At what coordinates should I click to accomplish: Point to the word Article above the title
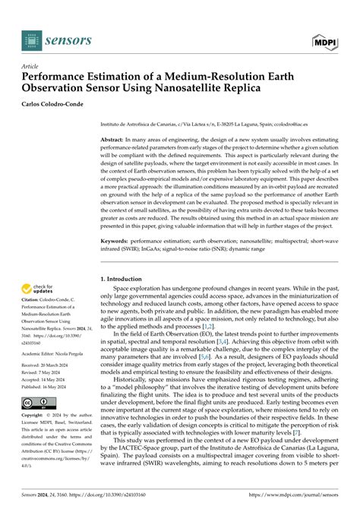tap(30, 66)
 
